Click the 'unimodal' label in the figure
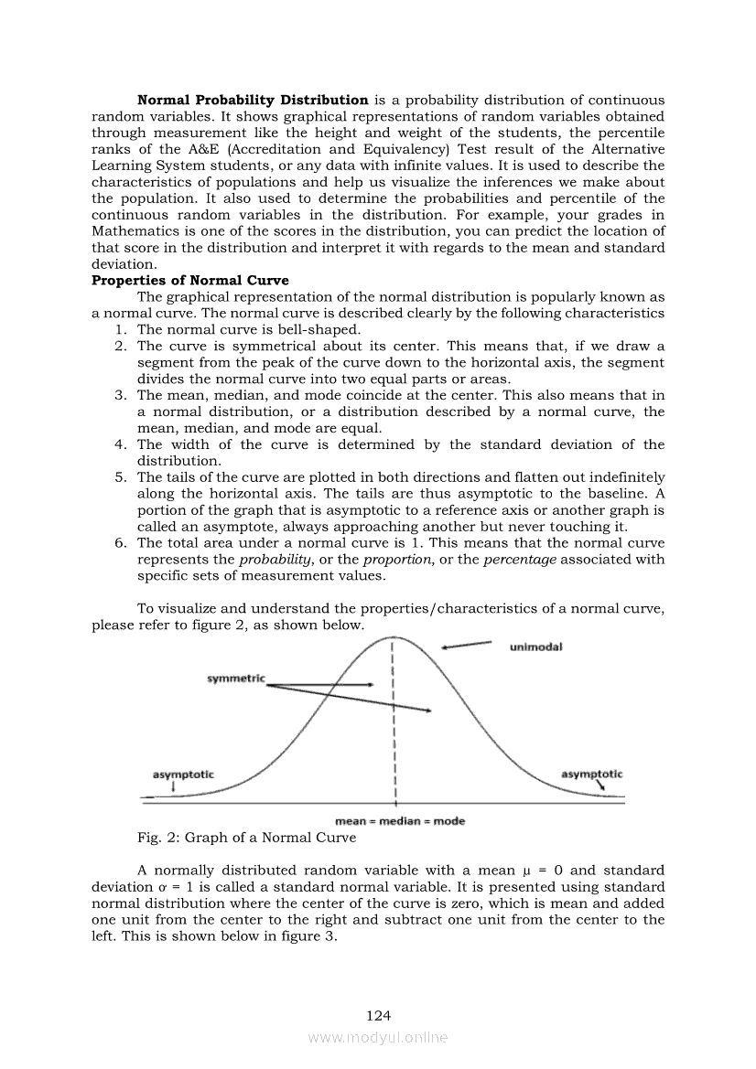(x=535, y=647)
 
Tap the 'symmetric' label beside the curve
(x=235, y=679)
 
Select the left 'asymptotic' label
(x=182, y=775)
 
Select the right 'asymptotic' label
(x=591, y=775)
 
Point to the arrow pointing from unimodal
(x=466, y=646)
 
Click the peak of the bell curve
(x=393, y=636)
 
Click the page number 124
(x=378, y=1015)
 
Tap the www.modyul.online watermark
(x=378, y=1037)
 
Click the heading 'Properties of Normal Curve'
(x=189, y=281)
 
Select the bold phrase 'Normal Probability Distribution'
(x=253, y=100)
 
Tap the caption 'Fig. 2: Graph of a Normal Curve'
(x=246, y=838)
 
